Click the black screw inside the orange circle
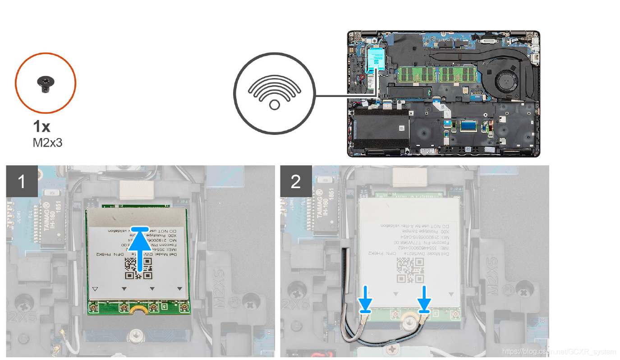pos(46,83)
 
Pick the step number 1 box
pos(22,181)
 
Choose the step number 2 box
pos(296,181)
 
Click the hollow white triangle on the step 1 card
pos(95,288)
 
